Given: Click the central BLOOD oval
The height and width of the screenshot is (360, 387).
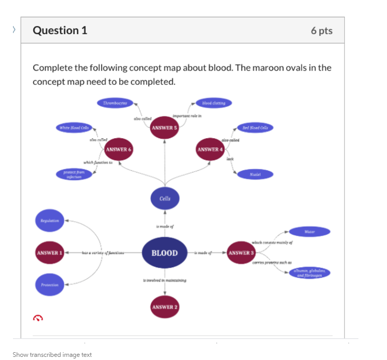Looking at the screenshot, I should point(164,253).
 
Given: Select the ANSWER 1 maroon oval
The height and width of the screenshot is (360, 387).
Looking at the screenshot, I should point(49,253).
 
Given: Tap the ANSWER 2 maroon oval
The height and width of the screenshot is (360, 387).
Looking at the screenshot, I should point(164,307).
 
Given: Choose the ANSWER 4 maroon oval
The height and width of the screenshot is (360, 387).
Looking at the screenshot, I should point(210,149).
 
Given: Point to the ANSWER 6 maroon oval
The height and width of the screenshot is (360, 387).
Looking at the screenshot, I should point(118,149).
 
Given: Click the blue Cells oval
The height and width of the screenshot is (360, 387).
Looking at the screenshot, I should point(164,198).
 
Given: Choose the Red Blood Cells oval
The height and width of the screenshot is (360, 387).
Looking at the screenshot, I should point(255,128).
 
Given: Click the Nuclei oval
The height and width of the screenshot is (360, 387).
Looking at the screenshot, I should point(255,175).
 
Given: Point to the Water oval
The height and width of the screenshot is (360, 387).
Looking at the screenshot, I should point(310,232).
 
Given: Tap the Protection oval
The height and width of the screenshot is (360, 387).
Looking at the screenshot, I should point(49,285).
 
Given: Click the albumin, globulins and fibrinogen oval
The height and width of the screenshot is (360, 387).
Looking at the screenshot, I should point(310,273).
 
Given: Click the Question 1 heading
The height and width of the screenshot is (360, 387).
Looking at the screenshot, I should point(60,30).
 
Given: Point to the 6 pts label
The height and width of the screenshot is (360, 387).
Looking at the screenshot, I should point(322,31).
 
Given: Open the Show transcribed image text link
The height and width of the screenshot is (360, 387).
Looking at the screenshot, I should point(52,355).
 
